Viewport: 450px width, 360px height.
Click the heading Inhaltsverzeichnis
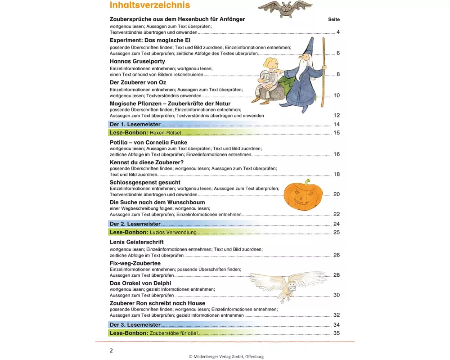150,5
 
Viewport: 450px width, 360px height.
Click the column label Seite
334,20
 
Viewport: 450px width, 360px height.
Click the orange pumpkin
304,195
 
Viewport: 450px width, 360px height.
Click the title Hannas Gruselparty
137,61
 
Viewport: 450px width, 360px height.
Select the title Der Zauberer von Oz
138,82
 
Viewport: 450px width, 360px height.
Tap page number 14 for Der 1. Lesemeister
336,124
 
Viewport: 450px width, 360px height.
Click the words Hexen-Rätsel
165,133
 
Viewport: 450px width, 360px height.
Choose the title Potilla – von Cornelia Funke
148,143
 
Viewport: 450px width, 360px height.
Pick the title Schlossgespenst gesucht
145,182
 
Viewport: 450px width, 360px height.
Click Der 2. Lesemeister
135,224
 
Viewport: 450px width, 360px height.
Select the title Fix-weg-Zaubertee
135,263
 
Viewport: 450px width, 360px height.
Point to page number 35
336,333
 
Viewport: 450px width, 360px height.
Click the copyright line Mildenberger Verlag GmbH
226,356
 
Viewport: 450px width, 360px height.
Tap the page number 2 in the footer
112,350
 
